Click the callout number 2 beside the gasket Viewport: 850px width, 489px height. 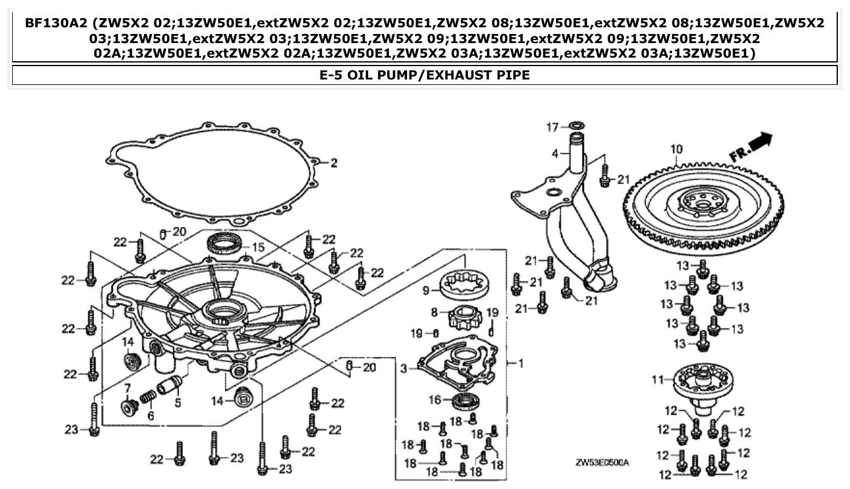[333, 163]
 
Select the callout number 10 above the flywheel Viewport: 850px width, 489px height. [676, 149]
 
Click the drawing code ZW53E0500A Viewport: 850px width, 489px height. [602, 463]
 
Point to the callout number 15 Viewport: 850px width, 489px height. [258, 247]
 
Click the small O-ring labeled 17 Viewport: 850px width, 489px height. [577, 126]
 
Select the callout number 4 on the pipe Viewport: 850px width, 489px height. [554, 154]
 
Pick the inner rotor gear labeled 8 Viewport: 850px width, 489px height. [464, 317]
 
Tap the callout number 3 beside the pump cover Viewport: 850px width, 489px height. [403, 368]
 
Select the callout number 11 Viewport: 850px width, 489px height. [657, 380]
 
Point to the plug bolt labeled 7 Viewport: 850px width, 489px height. [129, 408]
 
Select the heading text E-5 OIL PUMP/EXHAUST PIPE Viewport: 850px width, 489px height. [425, 75]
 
